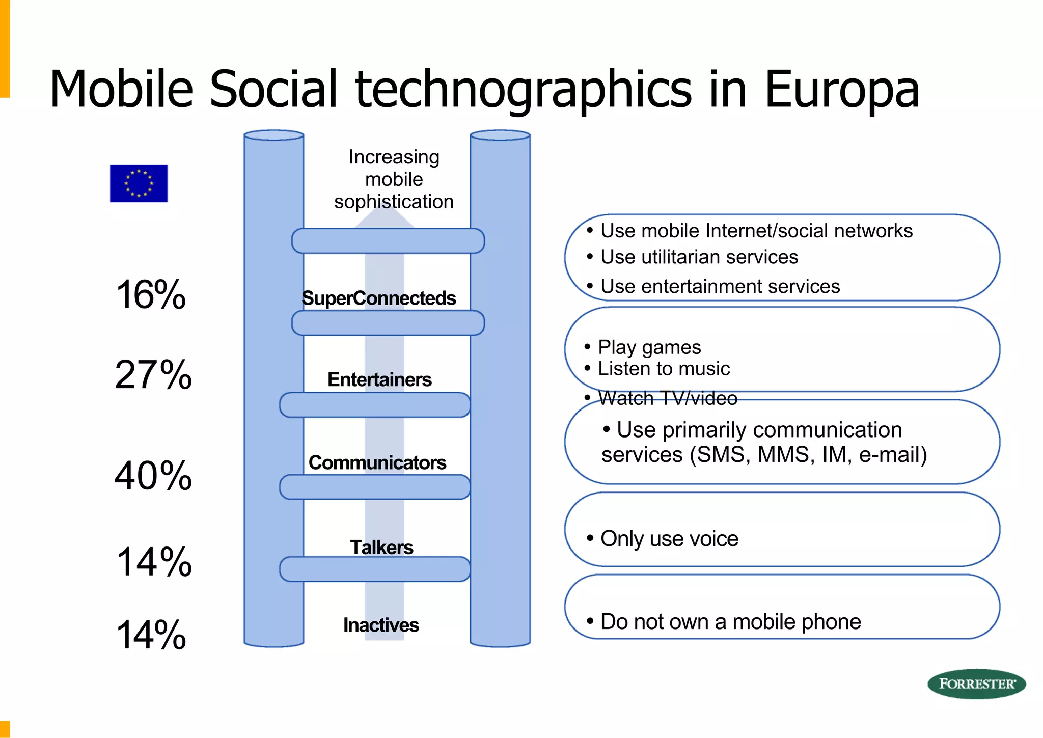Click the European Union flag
(139, 183)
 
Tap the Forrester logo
(976, 684)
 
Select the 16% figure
(151, 295)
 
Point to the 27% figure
(153, 375)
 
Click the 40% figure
(153, 476)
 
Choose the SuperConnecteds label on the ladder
(378, 298)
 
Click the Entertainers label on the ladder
(379, 380)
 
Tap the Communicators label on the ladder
(377, 463)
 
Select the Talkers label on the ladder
(381, 548)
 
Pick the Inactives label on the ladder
(381, 625)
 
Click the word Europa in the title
(842, 90)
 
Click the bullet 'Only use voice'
(669, 539)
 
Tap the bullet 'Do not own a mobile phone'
(730, 622)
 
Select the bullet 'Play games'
(649, 347)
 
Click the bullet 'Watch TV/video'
(667, 398)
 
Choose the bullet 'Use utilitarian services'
(699, 257)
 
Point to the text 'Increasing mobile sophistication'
(394, 179)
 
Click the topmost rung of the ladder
(388, 241)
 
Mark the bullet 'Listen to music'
(663, 369)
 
